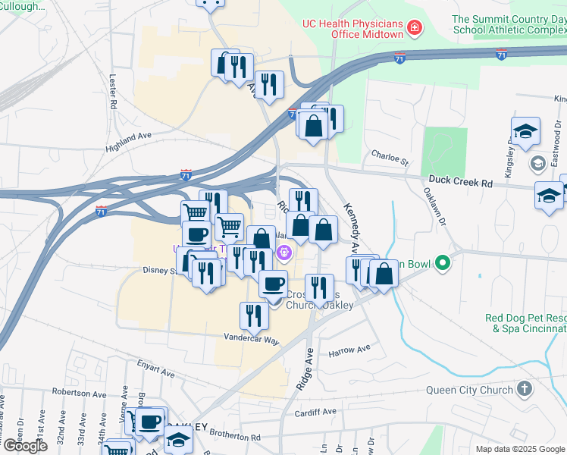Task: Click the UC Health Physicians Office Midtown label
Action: point(352,29)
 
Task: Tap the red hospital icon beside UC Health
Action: point(415,29)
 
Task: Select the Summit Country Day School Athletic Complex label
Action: point(509,24)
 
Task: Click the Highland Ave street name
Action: point(129,139)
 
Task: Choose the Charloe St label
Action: point(390,158)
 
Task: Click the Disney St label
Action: point(159,270)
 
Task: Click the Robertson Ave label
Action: point(79,393)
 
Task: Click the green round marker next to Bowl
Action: point(443,264)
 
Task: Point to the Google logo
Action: point(25,446)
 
